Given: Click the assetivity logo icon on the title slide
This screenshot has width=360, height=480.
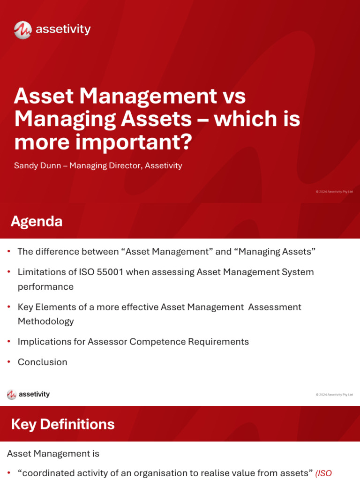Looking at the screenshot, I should (x=22, y=30).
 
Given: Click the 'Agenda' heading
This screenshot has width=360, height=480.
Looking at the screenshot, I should (x=37, y=221).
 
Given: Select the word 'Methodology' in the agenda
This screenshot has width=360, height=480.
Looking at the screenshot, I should (x=46, y=321).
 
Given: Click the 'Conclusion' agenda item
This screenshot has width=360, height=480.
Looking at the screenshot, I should (x=43, y=362).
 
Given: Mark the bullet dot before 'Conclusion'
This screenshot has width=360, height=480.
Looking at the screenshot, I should (x=9, y=362).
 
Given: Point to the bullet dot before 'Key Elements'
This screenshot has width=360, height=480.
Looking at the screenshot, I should (x=9, y=307).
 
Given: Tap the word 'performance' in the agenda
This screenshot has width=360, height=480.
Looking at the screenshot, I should (x=45, y=286).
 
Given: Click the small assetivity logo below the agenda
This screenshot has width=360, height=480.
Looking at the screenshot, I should (x=28, y=394).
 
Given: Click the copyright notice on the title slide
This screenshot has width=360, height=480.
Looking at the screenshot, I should (x=334, y=192).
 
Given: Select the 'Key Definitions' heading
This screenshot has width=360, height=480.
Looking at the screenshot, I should (x=62, y=424).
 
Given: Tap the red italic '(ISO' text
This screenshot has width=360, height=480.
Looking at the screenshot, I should (x=323, y=473).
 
